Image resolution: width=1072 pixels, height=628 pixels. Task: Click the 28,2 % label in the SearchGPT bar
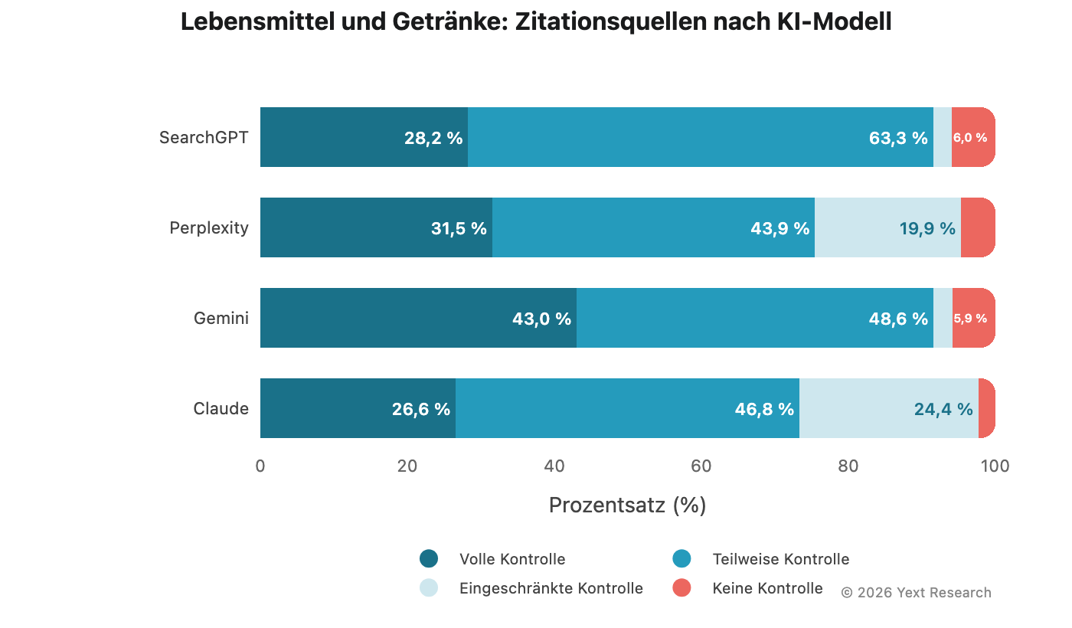(x=433, y=138)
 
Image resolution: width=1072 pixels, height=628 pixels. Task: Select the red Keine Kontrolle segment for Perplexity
(x=978, y=227)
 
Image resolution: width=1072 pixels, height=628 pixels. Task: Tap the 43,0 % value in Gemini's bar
(x=541, y=319)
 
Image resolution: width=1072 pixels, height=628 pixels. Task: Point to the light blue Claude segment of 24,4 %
(x=888, y=408)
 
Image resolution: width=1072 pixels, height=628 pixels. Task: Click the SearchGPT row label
(x=204, y=138)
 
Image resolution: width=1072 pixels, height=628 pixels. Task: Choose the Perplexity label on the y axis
(x=209, y=227)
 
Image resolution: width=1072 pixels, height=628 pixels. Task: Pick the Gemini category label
(x=221, y=318)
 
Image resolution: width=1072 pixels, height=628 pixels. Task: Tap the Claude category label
(x=221, y=408)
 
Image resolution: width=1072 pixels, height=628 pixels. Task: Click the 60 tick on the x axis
(x=701, y=466)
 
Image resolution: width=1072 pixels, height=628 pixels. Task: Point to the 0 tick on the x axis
(x=260, y=466)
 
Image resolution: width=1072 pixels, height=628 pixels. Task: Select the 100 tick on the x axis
(x=995, y=466)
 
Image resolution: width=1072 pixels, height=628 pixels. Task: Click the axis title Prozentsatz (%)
(x=627, y=505)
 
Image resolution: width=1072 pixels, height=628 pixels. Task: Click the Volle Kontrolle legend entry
(x=512, y=559)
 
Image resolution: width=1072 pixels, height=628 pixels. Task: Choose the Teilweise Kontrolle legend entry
(x=780, y=559)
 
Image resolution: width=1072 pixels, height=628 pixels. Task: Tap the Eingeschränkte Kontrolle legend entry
(x=551, y=588)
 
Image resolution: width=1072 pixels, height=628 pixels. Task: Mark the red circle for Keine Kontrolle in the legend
(x=681, y=587)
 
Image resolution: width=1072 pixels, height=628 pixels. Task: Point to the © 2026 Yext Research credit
(x=916, y=593)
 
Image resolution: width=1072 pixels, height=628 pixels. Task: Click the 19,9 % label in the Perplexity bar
(x=927, y=228)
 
